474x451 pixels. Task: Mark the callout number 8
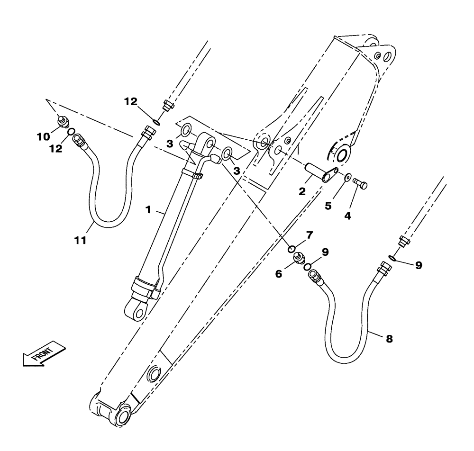click(x=389, y=339)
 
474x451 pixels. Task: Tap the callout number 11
click(x=81, y=240)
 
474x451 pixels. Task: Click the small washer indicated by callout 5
click(x=347, y=177)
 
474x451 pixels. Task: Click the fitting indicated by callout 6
click(x=299, y=258)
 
